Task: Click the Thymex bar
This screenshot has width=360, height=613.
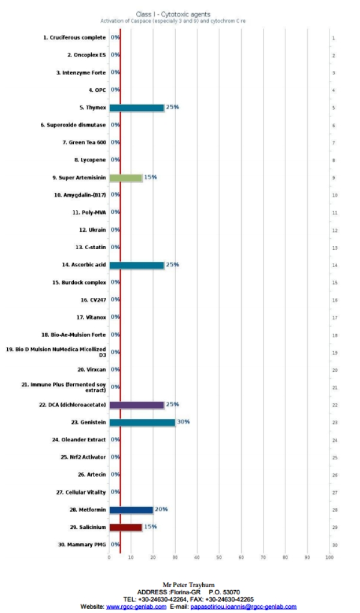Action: click(136, 107)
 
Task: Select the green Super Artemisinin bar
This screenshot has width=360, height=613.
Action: click(125, 178)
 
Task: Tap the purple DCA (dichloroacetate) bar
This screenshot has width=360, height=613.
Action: click(136, 405)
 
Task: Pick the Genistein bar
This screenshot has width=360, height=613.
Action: click(142, 422)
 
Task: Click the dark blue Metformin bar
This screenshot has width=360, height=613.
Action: click(131, 510)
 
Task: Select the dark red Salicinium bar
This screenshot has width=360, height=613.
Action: click(125, 527)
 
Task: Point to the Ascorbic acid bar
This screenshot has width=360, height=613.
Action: click(136, 265)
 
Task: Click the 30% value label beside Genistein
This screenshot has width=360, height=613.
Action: click(183, 422)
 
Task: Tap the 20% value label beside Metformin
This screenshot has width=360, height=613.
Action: click(161, 510)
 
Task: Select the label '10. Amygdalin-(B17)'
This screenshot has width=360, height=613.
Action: click(80, 195)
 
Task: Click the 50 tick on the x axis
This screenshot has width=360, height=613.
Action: click(219, 558)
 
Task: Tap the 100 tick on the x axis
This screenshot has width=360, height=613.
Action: click(329, 558)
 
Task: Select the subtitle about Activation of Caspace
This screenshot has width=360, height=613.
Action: click(172, 20)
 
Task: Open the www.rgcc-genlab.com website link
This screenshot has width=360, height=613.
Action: click(136, 606)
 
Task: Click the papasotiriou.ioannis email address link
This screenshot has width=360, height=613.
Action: click(243, 606)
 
